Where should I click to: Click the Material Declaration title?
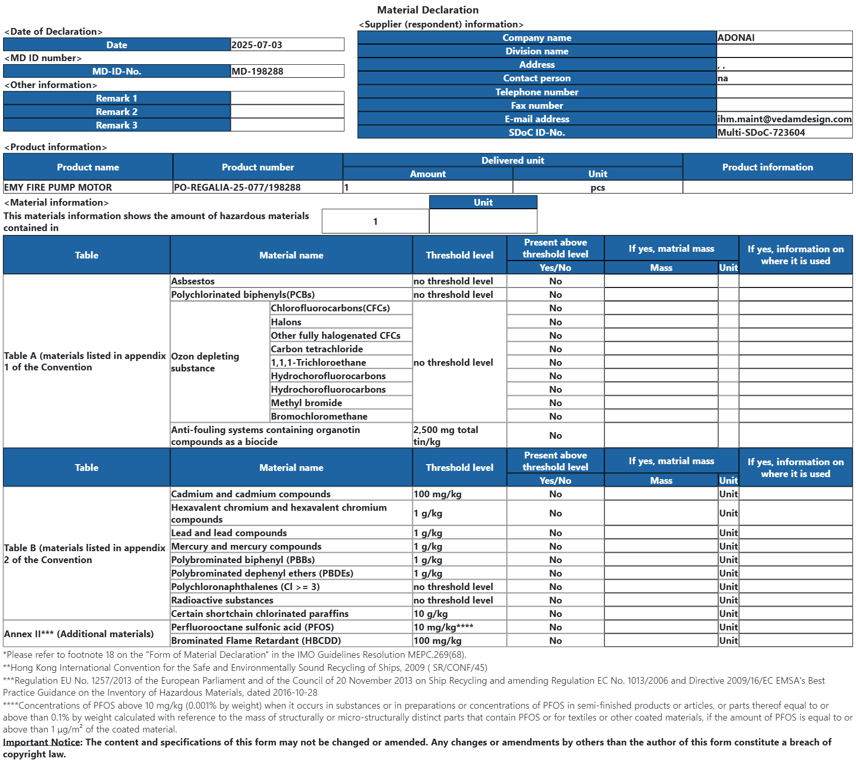[x=428, y=10]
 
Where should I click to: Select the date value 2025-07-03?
[x=257, y=45]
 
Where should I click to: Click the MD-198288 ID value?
[x=257, y=71]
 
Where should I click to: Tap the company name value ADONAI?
[x=736, y=38]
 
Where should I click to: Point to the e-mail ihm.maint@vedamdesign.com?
[x=784, y=119]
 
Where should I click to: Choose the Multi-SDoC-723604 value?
[x=761, y=133]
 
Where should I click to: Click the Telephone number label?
[x=536, y=92]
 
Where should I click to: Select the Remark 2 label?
[x=117, y=112]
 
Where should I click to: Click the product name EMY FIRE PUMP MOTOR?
[x=58, y=188]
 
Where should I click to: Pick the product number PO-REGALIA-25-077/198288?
[x=237, y=188]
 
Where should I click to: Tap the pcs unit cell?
[x=598, y=188]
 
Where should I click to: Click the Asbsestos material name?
[x=193, y=281]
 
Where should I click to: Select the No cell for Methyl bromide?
[x=555, y=403]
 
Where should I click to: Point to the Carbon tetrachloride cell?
[x=317, y=349]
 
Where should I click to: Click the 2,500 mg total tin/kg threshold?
[x=446, y=436]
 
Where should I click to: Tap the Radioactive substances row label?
[x=222, y=600]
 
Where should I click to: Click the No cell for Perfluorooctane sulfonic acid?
[x=555, y=627]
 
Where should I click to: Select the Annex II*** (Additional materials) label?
[x=79, y=634]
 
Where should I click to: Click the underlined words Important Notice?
[x=41, y=742]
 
